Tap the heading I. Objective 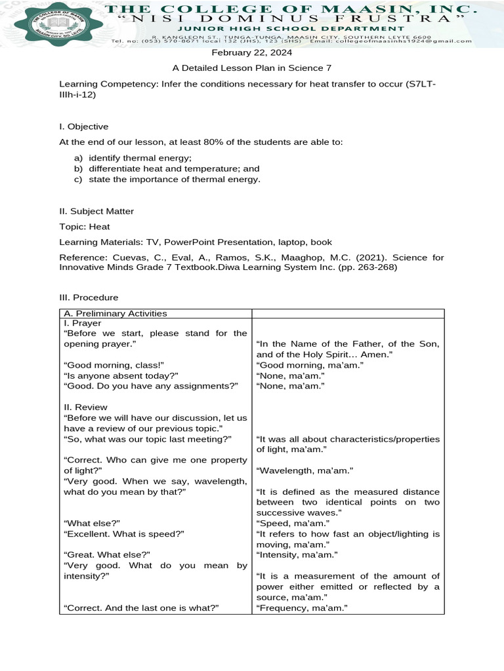pyautogui.click(x=83, y=126)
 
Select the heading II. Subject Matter pyautogui.click(x=96, y=211)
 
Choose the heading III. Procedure pyautogui.click(x=89, y=297)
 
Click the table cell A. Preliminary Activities pyautogui.click(x=115, y=313)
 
